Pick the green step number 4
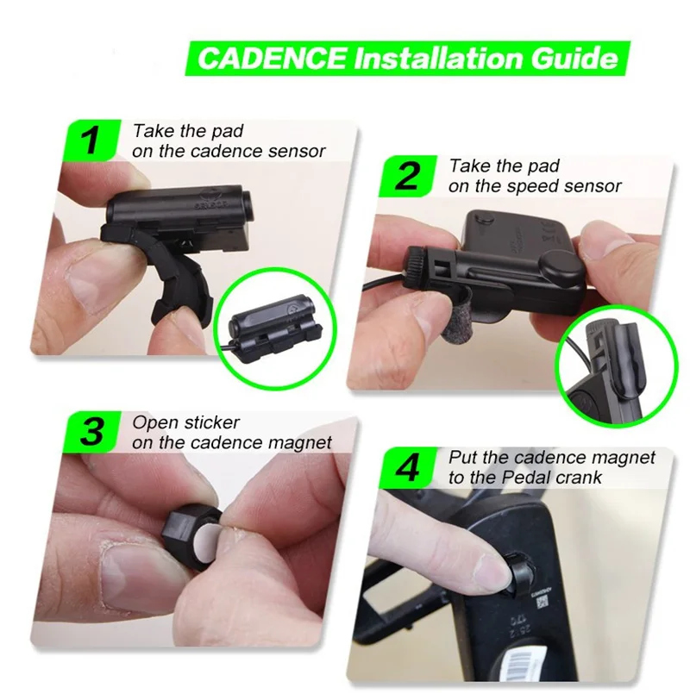click(407, 468)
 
